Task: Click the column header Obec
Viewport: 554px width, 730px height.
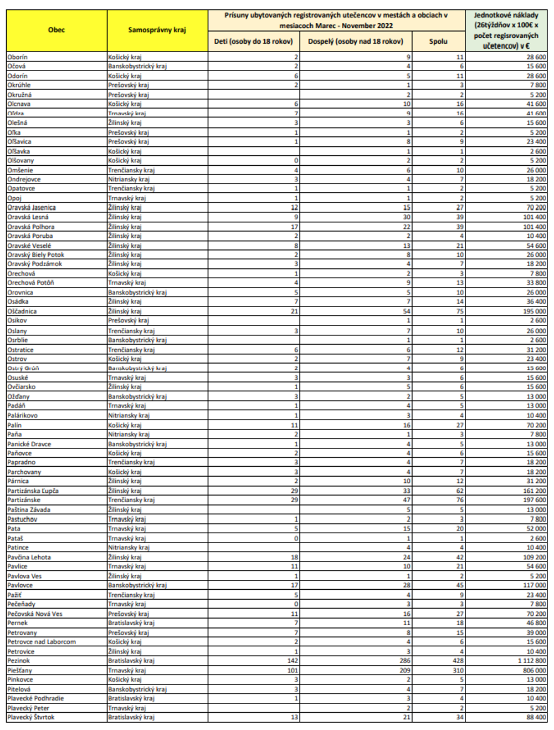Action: [57, 30]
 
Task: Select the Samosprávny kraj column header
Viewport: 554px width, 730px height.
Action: [157, 30]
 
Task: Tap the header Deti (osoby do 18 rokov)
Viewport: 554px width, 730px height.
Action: [253, 42]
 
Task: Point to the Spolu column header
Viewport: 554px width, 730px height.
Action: [438, 42]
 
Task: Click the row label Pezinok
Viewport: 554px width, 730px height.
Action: [19, 661]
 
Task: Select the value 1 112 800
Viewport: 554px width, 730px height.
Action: [531, 661]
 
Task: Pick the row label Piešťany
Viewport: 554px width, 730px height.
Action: [20, 670]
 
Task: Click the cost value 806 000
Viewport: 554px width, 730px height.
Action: [534, 670]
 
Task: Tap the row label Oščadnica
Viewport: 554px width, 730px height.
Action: [22, 312]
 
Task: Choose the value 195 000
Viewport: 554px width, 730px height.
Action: [534, 312]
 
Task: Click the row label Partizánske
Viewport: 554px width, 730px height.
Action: [24, 500]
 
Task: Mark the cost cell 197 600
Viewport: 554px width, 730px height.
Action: [534, 500]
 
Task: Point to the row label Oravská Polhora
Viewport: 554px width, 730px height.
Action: [31, 227]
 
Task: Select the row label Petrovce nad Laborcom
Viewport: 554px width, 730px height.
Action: [42, 642]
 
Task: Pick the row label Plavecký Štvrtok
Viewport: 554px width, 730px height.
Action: [31, 717]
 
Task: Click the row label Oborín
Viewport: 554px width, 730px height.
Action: [17, 57]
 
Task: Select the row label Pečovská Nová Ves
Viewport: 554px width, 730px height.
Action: [35, 614]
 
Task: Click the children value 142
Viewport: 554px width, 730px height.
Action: [293, 661]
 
